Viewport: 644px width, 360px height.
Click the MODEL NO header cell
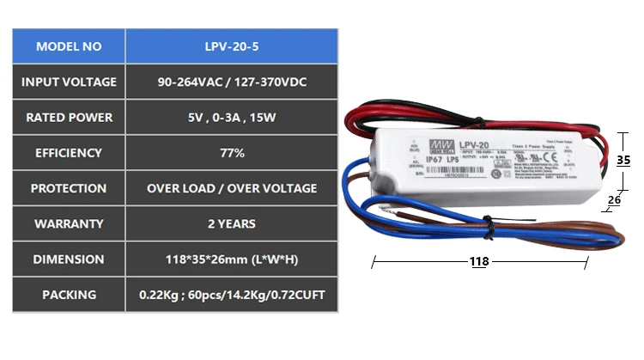69,46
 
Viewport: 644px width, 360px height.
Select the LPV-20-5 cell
232,46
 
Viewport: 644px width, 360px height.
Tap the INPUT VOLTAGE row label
69,82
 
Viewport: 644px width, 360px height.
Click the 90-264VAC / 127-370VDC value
232,82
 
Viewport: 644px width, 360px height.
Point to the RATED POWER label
69,117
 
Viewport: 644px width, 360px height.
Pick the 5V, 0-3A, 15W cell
232,117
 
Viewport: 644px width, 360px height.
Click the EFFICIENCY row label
69,153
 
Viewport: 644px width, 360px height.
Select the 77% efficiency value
232,153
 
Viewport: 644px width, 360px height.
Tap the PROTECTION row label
69,188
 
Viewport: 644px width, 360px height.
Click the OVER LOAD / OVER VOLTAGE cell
232,188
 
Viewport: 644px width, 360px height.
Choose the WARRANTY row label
69,223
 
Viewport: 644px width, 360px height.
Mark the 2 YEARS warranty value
232,223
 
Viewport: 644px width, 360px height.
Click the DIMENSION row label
69,259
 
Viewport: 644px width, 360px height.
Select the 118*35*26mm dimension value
232,259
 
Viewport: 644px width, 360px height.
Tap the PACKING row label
69,295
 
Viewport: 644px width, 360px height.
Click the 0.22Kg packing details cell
232,295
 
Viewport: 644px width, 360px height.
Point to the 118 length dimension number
481,262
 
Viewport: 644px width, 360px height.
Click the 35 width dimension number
623,160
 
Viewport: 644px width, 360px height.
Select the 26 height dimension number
614,200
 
